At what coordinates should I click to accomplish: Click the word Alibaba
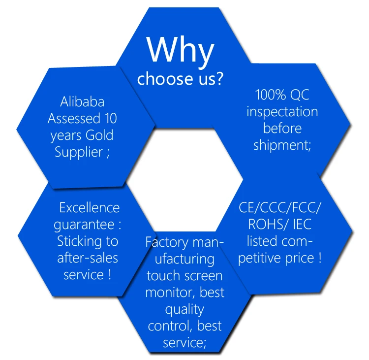(82, 102)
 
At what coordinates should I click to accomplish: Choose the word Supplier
(78, 152)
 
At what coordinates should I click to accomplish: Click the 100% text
(269, 95)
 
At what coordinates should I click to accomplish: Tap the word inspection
(282, 111)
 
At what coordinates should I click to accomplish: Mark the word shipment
(279, 146)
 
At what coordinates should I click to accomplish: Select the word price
(297, 258)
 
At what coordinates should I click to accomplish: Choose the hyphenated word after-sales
(88, 258)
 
